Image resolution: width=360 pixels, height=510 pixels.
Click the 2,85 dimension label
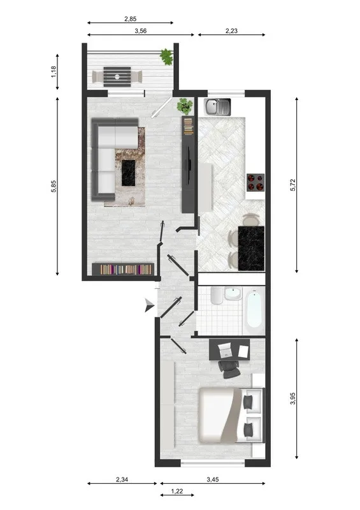coord(131,19)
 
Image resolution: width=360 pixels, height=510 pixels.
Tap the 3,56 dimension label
coord(141,31)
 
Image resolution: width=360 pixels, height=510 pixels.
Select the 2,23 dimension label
coord(231,31)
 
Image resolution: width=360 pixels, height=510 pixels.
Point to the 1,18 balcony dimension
coord(54,72)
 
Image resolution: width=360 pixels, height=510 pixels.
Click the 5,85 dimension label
coord(54,186)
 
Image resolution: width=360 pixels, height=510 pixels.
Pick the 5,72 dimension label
coord(293,185)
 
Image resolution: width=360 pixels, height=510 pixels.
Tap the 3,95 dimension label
coord(293,398)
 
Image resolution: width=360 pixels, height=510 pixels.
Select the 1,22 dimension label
coord(177,492)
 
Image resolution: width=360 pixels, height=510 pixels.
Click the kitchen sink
coord(217,106)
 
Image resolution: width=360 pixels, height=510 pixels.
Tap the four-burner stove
coord(256,182)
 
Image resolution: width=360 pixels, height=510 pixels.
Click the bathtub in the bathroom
coord(254,310)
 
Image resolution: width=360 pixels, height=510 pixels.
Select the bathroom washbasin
coord(233,294)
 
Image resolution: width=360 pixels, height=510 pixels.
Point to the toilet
coord(216,295)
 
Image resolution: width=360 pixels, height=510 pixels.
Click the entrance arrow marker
coord(149,306)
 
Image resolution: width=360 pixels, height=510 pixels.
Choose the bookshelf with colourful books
coord(123,269)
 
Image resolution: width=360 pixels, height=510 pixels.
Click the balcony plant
coord(166,57)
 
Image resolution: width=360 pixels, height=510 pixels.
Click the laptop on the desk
coord(225,349)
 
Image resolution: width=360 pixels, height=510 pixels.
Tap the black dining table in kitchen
coord(251,248)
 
